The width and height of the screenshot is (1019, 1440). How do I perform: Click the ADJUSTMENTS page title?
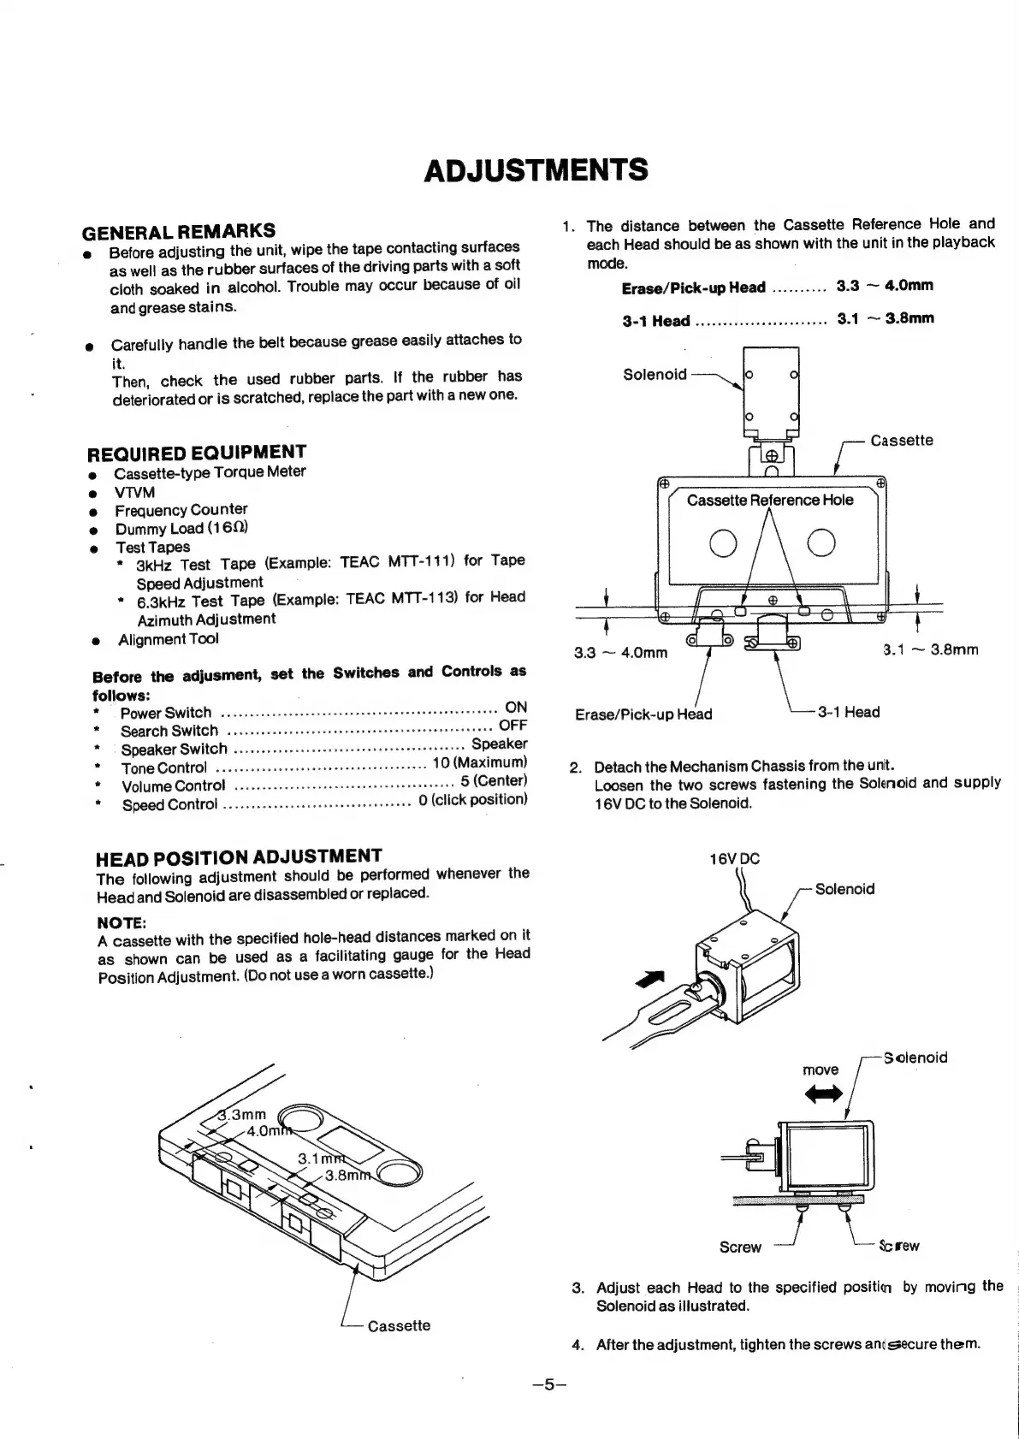(x=536, y=169)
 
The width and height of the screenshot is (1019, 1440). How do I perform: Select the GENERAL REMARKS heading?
(x=178, y=230)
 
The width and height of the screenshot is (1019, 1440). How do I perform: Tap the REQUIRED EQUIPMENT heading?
(x=197, y=452)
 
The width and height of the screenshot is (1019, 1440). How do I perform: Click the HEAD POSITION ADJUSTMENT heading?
(x=239, y=856)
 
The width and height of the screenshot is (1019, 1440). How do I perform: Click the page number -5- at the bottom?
(x=549, y=1384)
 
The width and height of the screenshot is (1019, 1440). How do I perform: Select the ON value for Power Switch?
(x=516, y=707)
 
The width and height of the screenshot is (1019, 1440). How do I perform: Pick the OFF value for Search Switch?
(x=512, y=726)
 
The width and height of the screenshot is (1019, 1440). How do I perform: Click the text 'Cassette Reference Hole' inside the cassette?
(x=769, y=500)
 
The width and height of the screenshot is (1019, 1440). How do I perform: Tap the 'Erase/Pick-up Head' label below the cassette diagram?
(x=643, y=714)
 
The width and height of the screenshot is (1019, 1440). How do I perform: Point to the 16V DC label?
(x=735, y=860)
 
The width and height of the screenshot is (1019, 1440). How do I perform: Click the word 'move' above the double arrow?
(x=820, y=1070)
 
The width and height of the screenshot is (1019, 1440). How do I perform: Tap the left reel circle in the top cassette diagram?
(x=724, y=543)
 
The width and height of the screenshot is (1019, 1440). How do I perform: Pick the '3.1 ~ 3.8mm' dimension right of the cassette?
(x=930, y=650)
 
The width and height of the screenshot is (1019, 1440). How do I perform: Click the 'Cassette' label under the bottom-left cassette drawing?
(x=399, y=1325)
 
